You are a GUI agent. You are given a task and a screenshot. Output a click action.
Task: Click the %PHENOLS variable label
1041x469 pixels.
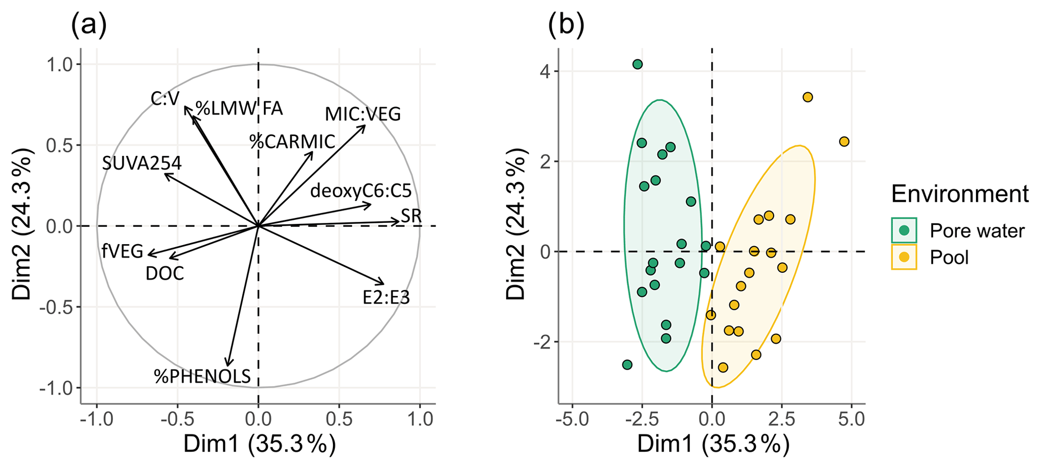pyautogui.click(x=202, y=376)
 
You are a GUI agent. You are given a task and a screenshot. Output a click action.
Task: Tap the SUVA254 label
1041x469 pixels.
pyautogui.click(x=142, y=163)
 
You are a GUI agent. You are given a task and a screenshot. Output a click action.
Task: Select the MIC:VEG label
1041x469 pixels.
pyautogui.click(x=363, y=114)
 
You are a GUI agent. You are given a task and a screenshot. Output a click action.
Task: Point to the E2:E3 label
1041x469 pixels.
pyautogui.click(x=386, y=298)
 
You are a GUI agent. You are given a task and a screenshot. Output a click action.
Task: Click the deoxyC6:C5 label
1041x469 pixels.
pyautogui.click(x=361, y=191)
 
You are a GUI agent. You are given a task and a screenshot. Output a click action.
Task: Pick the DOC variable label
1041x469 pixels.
pyautogui.click(x=165, y=274)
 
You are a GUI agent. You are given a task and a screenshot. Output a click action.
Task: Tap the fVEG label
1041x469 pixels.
pyautogui.click(x=122, y=251)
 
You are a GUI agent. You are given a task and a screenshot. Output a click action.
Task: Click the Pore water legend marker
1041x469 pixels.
pyautogui.click(x=904, y=230)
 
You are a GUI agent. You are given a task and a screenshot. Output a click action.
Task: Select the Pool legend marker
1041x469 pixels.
pyautogui.click(x=904, y=257)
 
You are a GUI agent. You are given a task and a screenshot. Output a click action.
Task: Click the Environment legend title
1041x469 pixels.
pyautogui.click(x=959, y=194)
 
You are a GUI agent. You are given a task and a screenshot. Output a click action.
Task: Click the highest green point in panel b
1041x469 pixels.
pyautogui.click(x=638, y=64)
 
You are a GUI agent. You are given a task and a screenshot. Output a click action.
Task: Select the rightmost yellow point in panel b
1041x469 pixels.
pyautogui.click(x=844, y=142)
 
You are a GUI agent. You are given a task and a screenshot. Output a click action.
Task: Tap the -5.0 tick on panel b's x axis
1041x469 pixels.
pyautogui.click(x=572, y=420)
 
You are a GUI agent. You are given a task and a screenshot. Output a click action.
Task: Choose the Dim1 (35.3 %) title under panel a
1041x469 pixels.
pyautogui.click(x=259, y=445)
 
